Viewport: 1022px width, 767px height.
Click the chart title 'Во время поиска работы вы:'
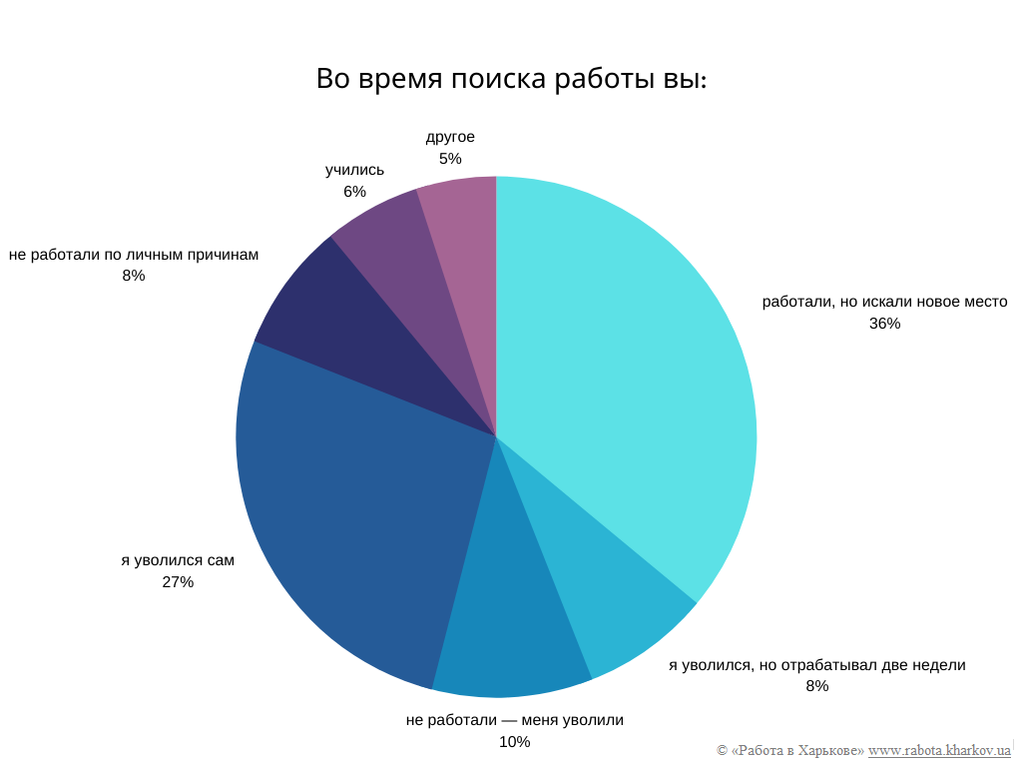coord(511,79)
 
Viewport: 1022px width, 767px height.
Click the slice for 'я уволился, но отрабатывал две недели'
coord(609,589)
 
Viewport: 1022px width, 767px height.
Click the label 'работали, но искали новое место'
coord(884,302)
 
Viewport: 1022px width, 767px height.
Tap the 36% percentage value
coord(884,324)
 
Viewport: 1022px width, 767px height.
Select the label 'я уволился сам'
coord(178,560)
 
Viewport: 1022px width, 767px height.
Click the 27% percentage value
coord(178,582)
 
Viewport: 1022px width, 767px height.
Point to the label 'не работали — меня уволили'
coord(514,720)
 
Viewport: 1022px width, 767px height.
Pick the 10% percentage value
coord(514,742)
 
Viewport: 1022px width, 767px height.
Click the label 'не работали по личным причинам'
coord(134,255)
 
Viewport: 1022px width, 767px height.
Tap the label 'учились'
coord(354,170)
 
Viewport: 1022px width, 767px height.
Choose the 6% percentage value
coord(354,192)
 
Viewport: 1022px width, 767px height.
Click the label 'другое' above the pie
coord(450,137)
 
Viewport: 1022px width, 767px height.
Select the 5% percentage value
coord(450,159)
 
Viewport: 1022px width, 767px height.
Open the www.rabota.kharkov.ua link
coord(939,750)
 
